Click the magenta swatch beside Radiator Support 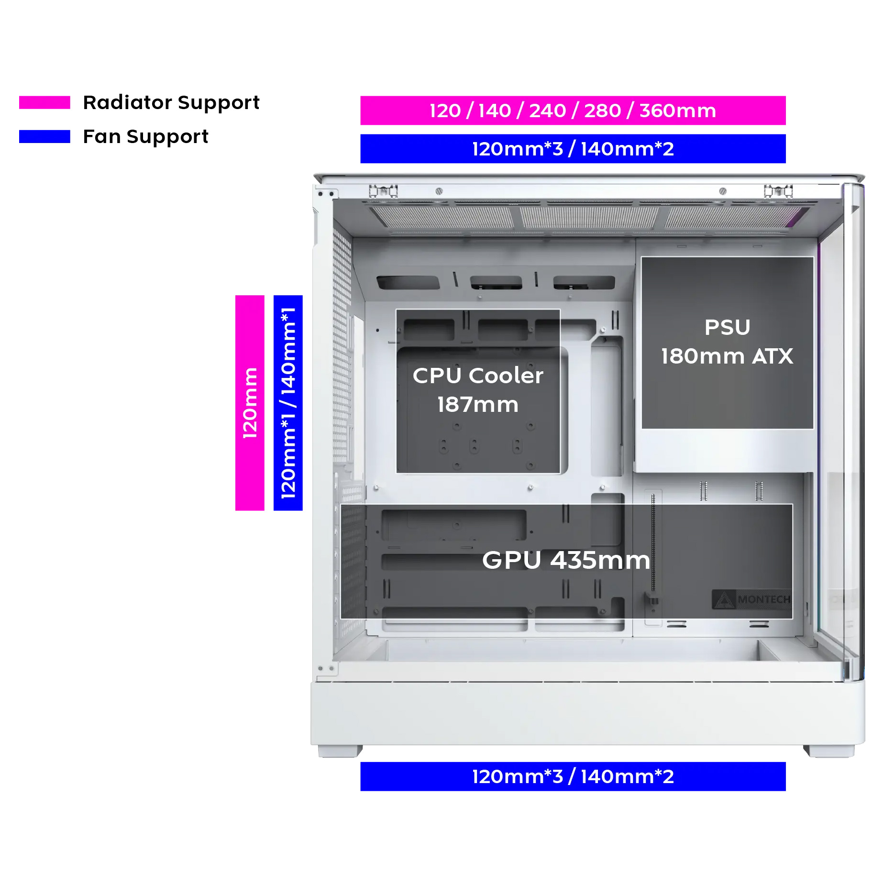[x=44, y=102]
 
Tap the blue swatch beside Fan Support [x=44, y=136]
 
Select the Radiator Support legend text [x=171, y=102]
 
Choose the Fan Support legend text [x=146, y=137]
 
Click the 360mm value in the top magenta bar [x=678, y=111]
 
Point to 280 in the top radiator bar [x=602, y=111]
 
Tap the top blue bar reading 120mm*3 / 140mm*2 [x=573, y=149]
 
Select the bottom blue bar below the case [x=573, y=776]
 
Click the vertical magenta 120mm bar [x=250, y=403]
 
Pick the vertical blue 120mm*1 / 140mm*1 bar [x=288, y=403]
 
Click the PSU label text [x=728, y=328]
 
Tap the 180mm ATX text [x=727, y=356]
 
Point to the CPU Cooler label [x=478, y=376]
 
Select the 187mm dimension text [x=478, y=405]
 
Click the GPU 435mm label [x=566, y=560]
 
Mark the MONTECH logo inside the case [x=751, y=599]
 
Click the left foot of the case [x=340, y=751]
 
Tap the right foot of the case [x=829, y=751]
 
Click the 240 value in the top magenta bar [x=548, y=111]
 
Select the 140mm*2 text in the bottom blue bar [x=627, y=776]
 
